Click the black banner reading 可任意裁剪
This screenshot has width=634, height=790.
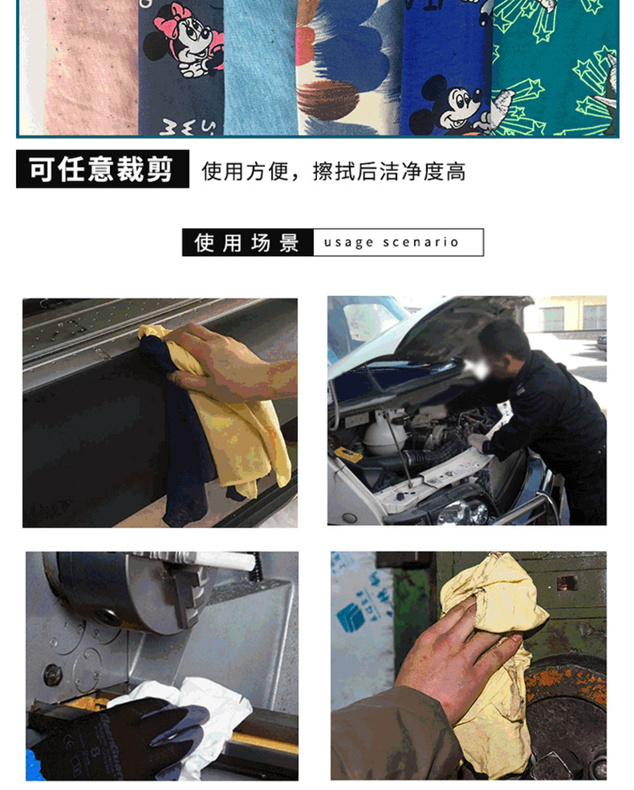(x=103, y=169)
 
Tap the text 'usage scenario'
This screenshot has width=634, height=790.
(x=392, y=242)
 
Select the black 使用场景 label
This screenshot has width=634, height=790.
(x=248, y=242)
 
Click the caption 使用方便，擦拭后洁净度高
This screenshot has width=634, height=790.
(x=333, y=172)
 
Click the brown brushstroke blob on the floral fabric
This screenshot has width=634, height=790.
(x=327, y=97)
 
